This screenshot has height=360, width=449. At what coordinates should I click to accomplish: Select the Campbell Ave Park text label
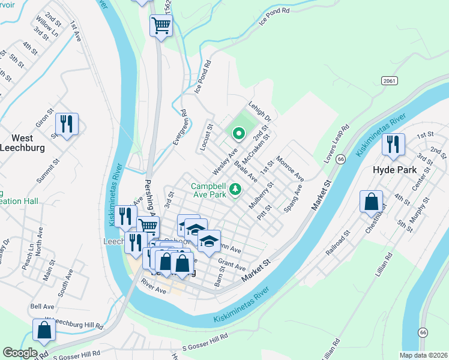pyautogui.click(x=209, y=190)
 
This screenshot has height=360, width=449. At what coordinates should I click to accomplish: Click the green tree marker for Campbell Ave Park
pyautogui.click(x=237, y=190)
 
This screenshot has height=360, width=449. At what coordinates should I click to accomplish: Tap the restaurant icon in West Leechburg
pyautogui.click(x=66, y=124)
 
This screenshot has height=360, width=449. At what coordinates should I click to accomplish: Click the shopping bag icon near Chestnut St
pyautogui.click(x=372, y=202)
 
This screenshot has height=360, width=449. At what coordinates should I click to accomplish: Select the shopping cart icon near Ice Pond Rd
pyautogui.click(x=161, y=26)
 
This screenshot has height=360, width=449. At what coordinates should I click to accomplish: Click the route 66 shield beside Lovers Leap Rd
pyautogui.click(x=341, y=158)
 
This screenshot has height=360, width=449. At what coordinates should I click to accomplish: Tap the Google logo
pyautogui.click(x=20, y=353)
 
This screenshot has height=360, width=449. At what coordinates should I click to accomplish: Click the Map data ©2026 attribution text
pyautogui.click(x=423, y=355)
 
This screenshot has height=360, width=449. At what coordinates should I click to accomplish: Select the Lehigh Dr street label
pyautogui.click(x=260, y=111)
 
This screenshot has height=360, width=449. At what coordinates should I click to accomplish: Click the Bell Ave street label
pyautogui.click(x=42, y=307)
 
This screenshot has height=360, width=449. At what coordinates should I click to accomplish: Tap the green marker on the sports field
pyautogui.click(x=237, y=133)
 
